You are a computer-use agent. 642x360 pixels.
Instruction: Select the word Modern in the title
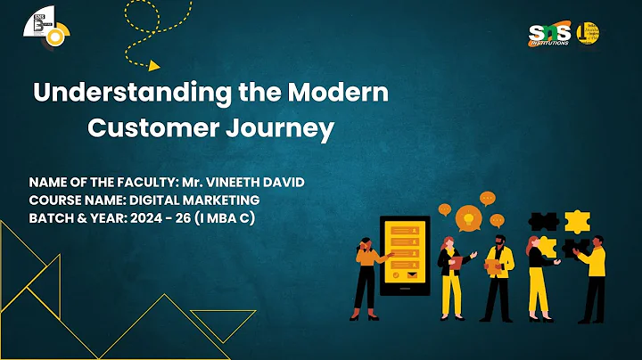[343, 92]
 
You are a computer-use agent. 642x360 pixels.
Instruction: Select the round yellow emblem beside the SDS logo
[588, 33]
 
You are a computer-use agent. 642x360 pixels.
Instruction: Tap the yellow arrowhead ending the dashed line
[153, 64]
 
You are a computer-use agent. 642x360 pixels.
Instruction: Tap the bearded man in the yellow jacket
[499, 276]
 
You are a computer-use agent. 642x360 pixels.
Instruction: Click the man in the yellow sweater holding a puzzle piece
[593, 276]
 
